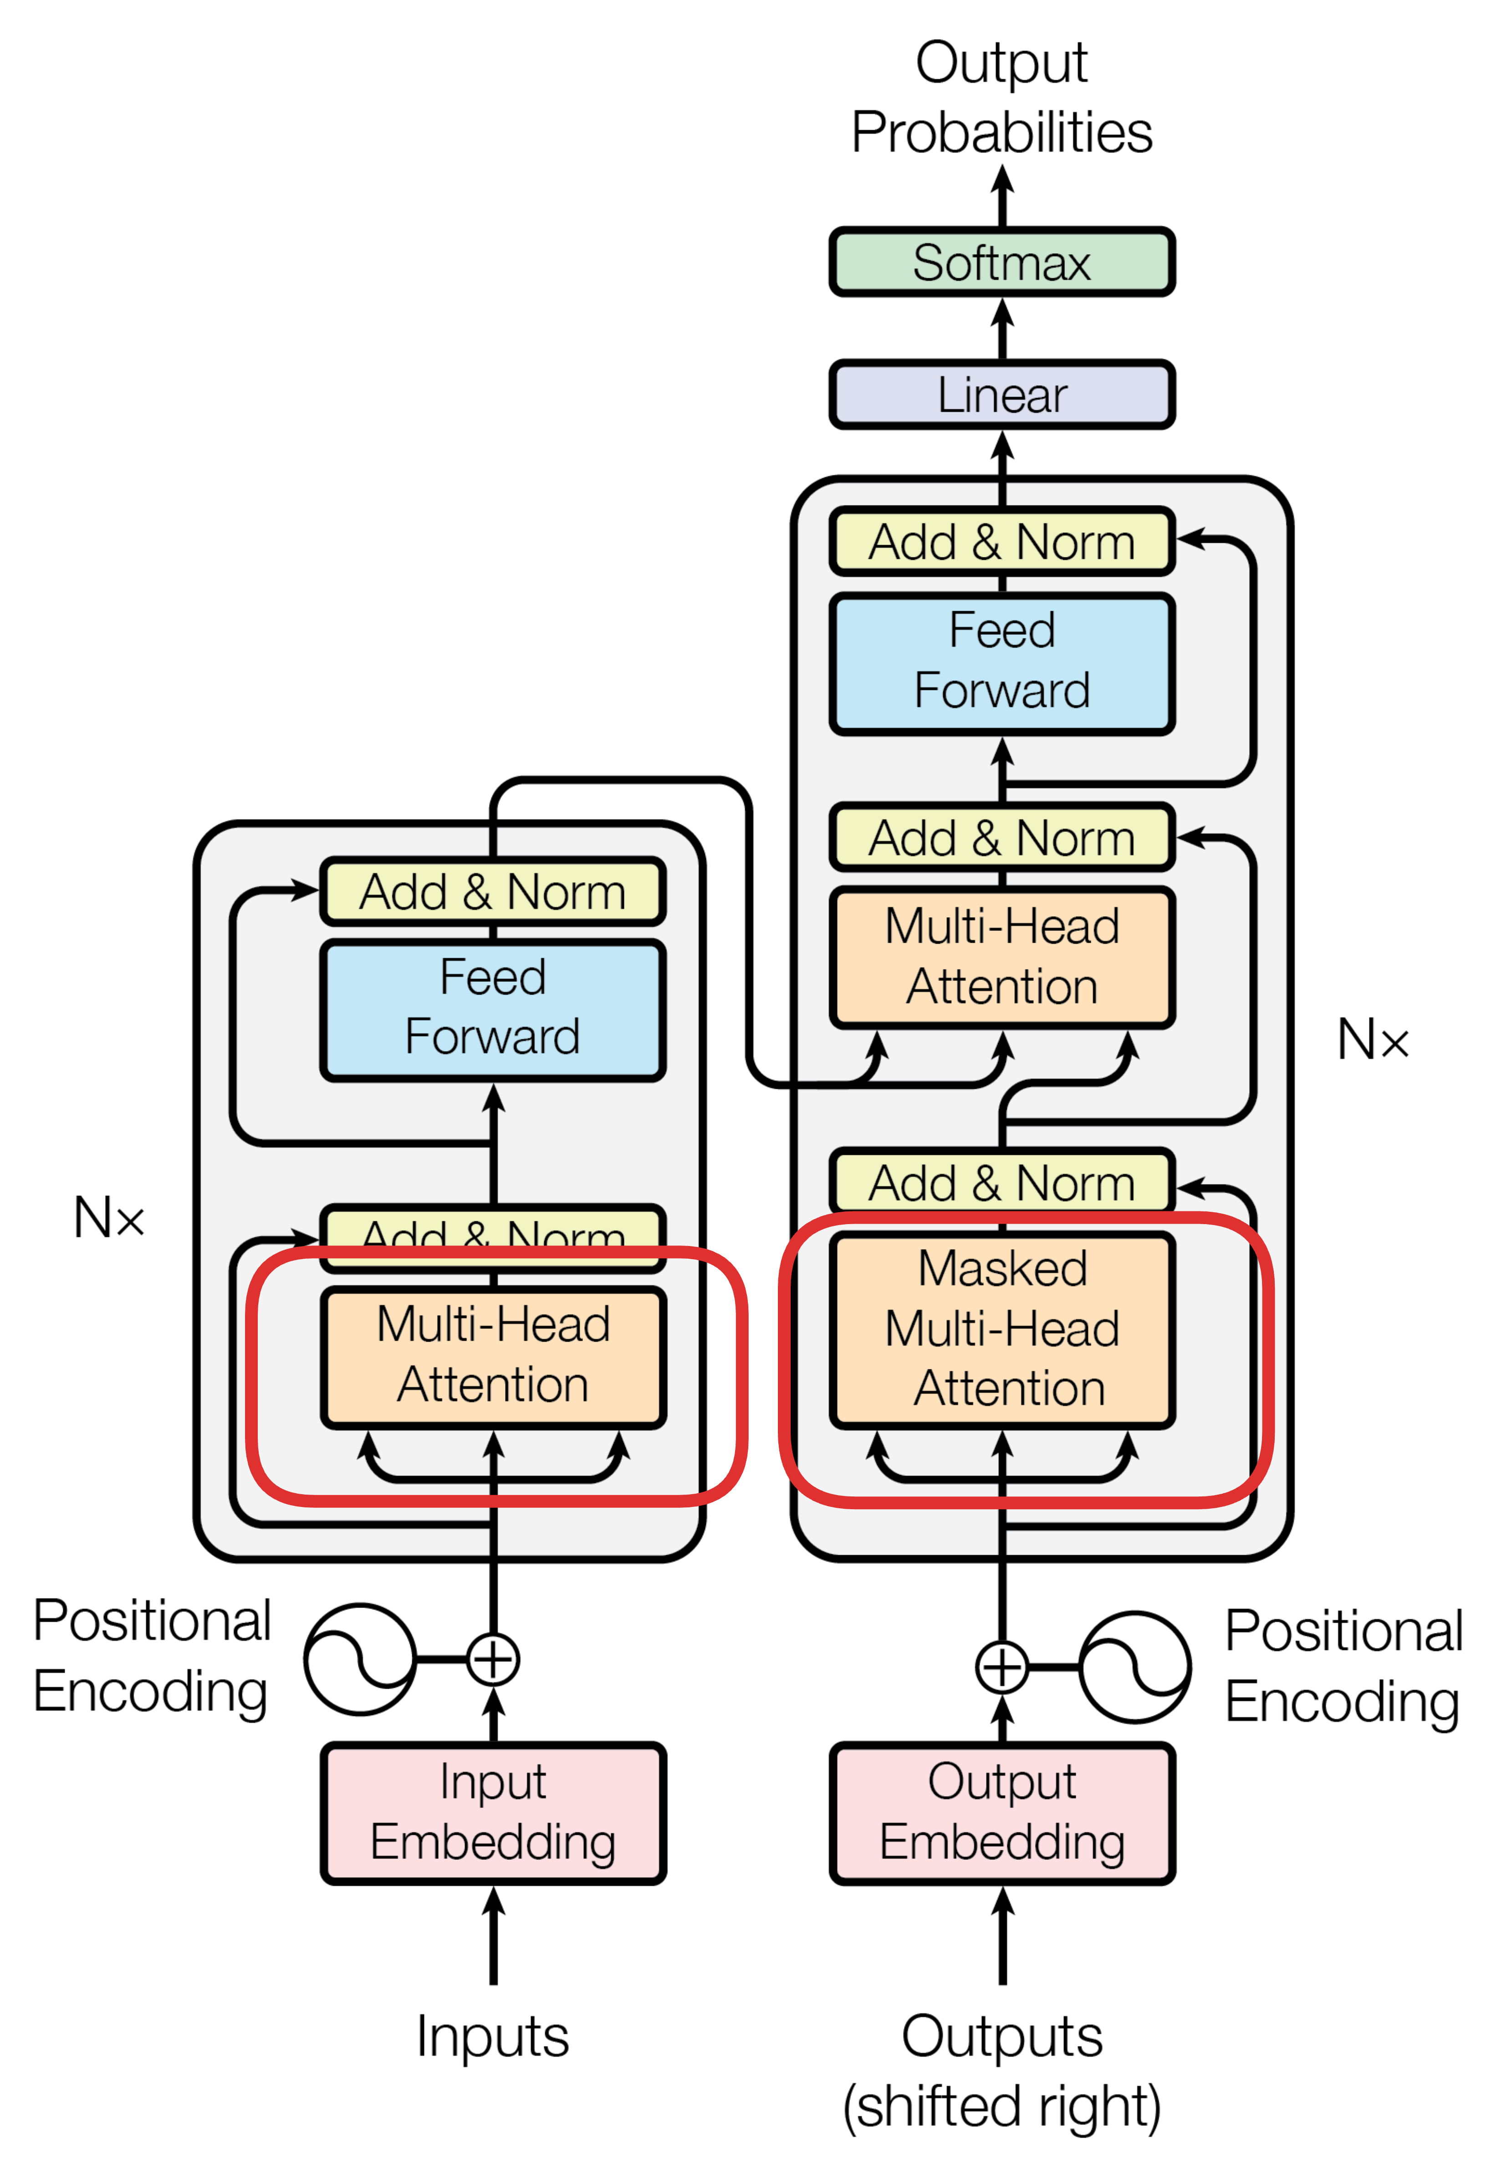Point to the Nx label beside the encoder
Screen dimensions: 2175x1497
[109, 1217]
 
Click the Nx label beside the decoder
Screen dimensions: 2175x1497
[1372, 1039]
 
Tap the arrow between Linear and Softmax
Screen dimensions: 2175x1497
[1002, 328]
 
